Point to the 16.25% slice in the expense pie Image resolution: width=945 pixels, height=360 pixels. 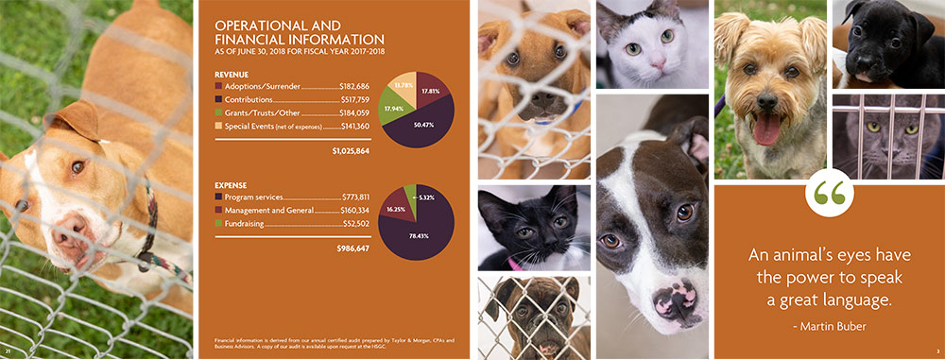click(x=396, y=210)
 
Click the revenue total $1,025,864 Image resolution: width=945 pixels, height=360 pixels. click(x=350, y=151)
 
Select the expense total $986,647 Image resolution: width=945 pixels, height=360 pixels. click(x=352, y=249)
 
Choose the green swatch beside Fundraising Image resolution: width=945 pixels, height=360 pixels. click(x=219, y=223)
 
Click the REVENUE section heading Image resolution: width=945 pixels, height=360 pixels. click(x=232, y=73)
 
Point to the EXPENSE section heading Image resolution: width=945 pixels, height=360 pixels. click(x=232, y=183)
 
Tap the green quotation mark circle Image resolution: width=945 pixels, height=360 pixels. click(x=828, y=194)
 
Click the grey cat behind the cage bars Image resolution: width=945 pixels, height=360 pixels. click(x=886, y=134)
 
